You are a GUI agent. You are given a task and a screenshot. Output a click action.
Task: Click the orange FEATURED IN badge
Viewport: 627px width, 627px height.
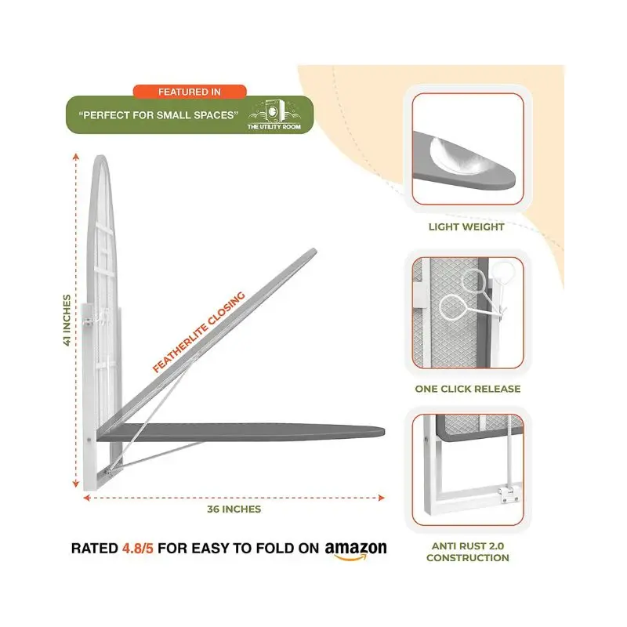190,92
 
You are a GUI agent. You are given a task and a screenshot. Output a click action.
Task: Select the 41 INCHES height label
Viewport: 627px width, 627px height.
67,320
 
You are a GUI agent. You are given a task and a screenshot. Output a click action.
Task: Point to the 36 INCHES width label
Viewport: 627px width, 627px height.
234,509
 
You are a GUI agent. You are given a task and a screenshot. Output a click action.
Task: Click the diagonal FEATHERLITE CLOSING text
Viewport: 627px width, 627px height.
199,332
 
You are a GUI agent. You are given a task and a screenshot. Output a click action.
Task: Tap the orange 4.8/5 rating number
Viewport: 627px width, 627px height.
138,548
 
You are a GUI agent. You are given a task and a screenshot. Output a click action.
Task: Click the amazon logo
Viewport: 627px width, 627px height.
356,550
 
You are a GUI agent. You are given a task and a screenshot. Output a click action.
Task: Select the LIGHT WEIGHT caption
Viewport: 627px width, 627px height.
466,227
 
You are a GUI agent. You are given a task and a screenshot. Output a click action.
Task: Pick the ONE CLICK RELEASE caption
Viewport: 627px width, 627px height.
467,389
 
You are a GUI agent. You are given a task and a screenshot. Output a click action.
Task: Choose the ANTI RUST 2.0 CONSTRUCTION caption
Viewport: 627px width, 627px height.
467,552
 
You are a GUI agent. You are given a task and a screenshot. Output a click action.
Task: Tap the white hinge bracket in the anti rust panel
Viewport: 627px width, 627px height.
508,494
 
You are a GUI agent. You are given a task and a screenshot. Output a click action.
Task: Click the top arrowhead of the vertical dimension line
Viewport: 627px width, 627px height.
76,156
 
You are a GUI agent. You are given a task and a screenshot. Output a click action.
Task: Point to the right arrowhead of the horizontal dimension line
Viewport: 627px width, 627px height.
382,498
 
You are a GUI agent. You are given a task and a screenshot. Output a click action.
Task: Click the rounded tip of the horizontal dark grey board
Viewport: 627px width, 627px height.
383,432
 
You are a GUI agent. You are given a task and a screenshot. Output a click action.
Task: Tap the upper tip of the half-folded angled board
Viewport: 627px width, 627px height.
314,251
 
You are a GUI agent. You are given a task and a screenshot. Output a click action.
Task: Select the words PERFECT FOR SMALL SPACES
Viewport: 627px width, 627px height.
158,115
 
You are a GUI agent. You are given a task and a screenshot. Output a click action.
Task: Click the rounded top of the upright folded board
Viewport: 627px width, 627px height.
101,158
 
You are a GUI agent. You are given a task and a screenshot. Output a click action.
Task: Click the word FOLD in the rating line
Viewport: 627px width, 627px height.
274,548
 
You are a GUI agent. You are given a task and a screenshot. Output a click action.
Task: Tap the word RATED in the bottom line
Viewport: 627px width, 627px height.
94,548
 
